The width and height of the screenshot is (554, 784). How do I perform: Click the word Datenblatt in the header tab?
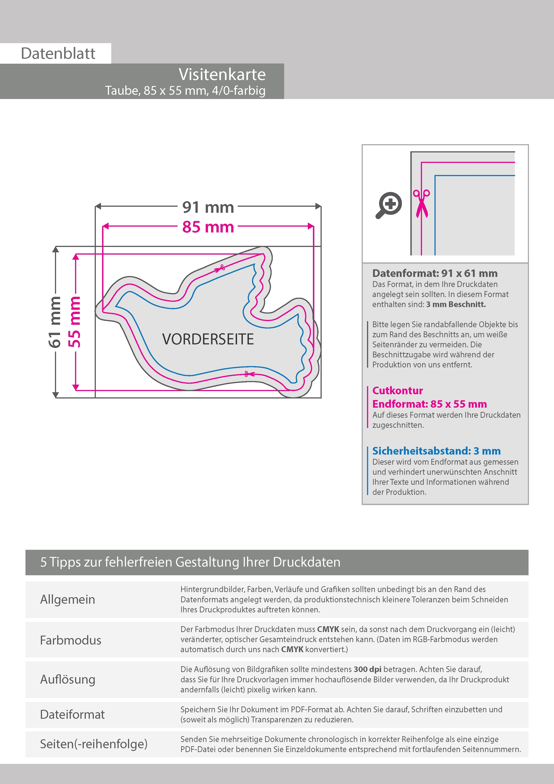(x=58, y=54)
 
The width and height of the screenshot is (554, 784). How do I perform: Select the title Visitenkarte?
(x=222, y=74)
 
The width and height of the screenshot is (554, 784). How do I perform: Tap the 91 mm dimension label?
(x=208, y=207)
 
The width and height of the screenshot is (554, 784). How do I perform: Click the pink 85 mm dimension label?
(x=208, y=227)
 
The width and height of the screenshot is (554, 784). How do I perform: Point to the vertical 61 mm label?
(x=55, y=322)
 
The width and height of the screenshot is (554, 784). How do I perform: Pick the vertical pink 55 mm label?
(x=74, y=322)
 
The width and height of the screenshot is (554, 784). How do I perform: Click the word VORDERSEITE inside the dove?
(x=208, y=339)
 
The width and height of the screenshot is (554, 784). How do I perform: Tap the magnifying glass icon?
(x=389, y=205)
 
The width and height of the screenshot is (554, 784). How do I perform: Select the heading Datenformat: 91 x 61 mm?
(x=434, y=273)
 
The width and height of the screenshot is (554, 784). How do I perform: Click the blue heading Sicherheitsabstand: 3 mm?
(x=436, y=451)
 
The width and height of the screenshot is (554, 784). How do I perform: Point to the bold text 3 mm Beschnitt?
(x=456, y=304)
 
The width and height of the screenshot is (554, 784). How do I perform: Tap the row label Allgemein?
(x=68, y=599)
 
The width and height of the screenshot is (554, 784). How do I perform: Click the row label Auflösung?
(x=68, y=679)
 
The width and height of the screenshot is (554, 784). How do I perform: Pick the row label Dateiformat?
(x=72, y=714)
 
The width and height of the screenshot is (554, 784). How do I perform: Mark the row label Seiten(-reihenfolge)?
(x=94, y=744)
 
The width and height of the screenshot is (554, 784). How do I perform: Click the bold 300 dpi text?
(x=367, y=669)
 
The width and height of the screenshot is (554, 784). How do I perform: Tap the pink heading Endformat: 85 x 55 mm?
(x=429, y=404)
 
